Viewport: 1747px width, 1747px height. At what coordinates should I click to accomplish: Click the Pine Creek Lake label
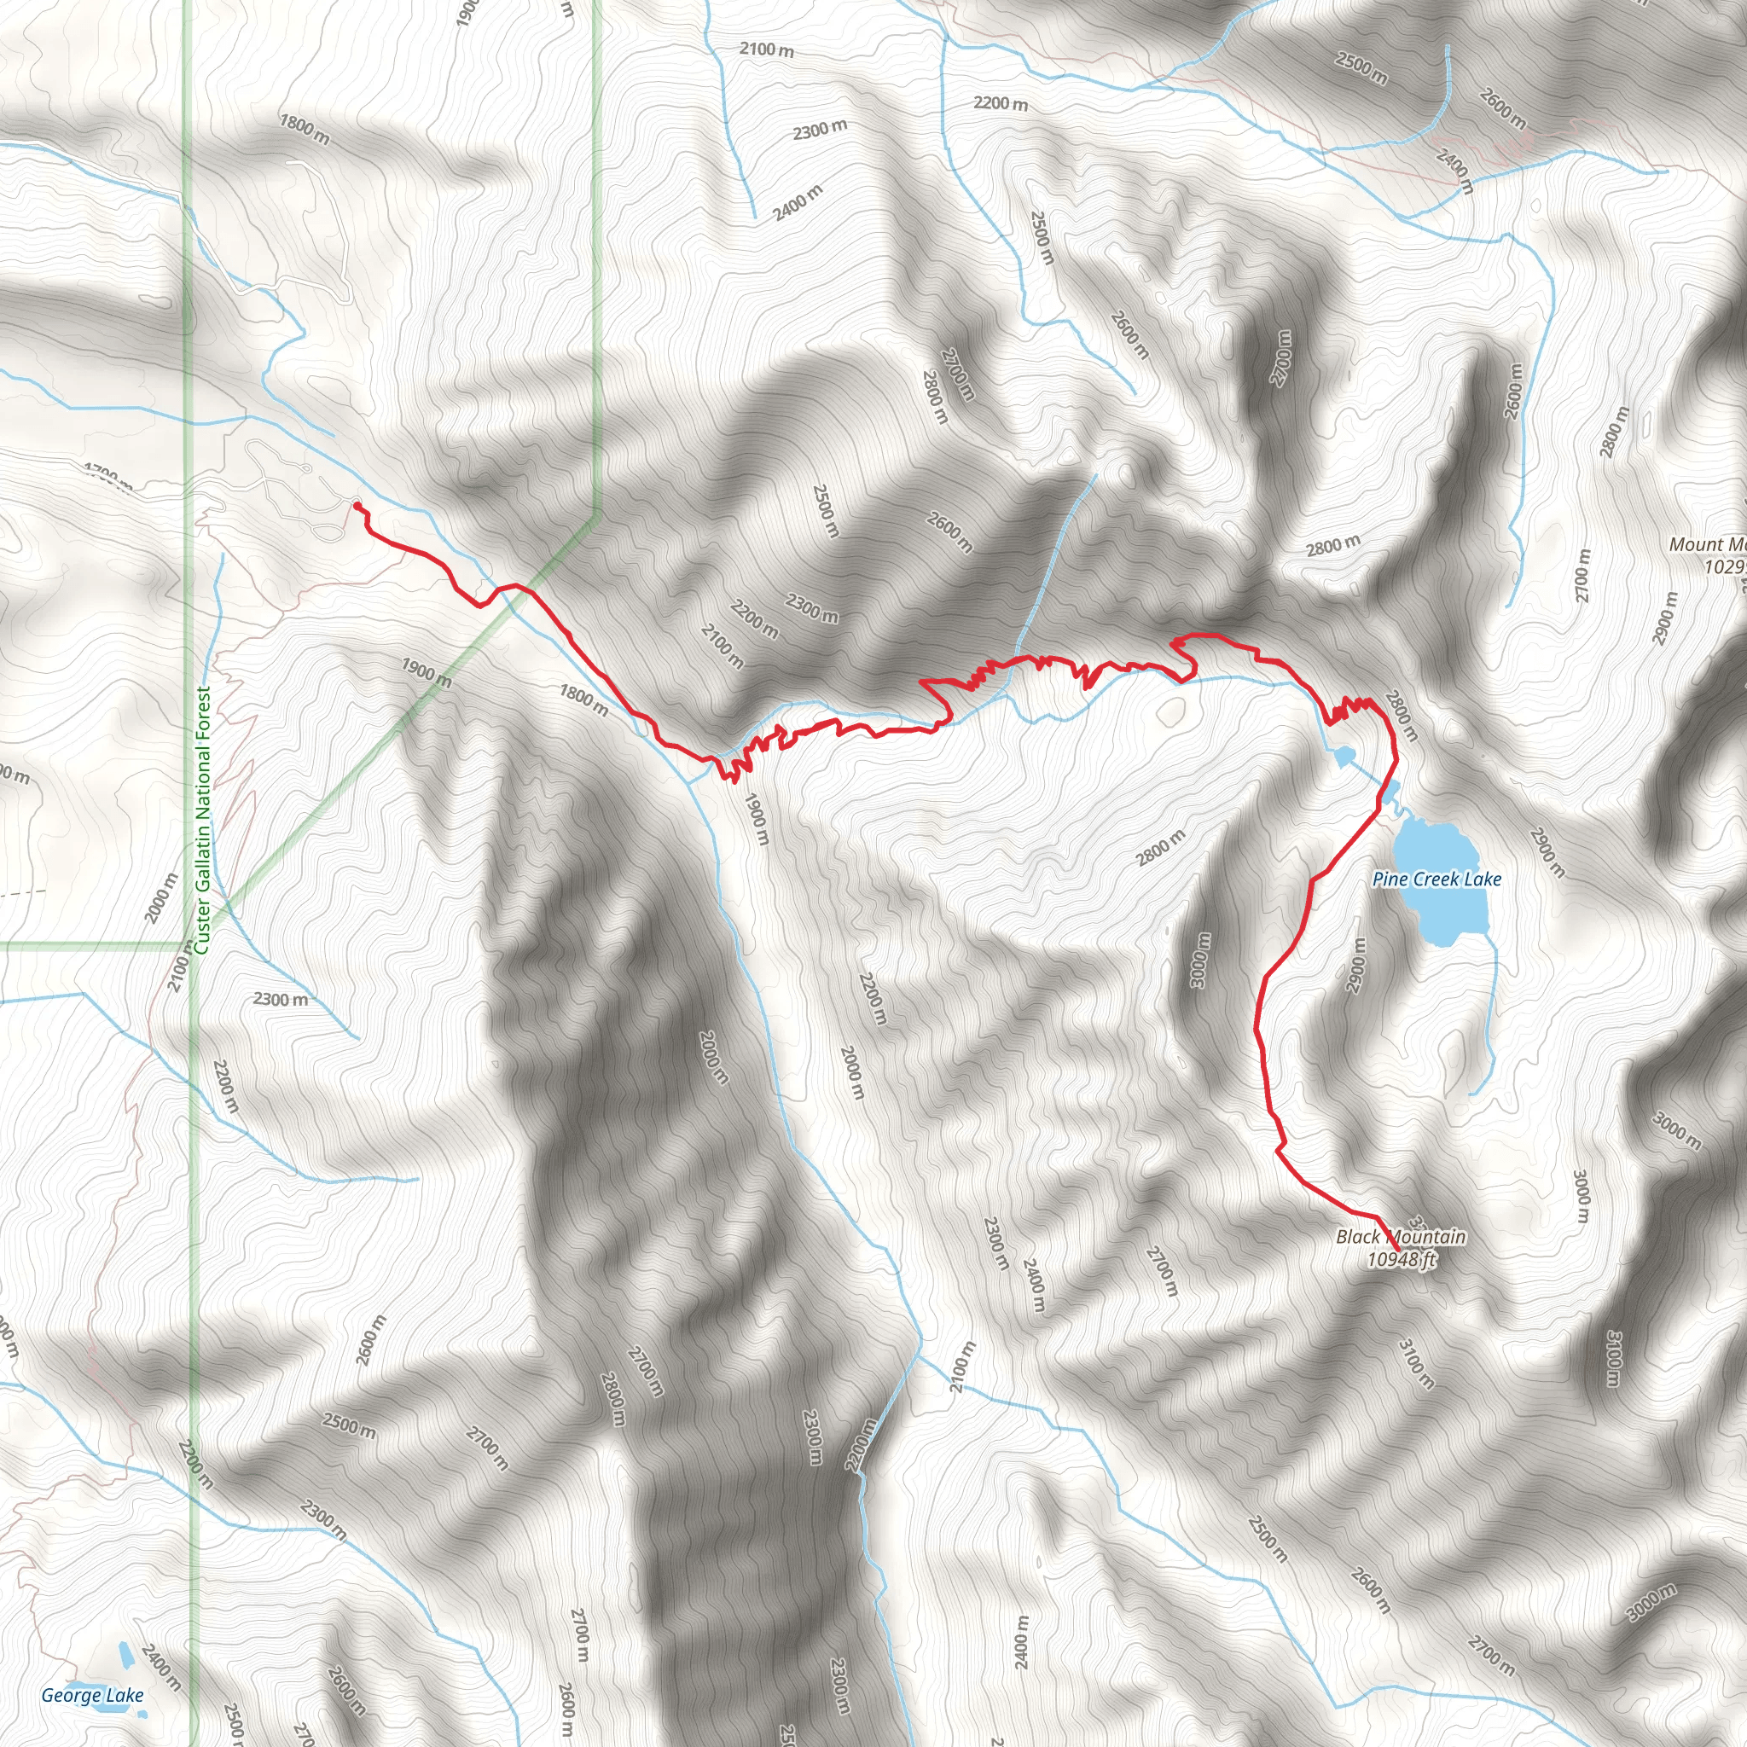pyautogui.click(x=1436, y=879)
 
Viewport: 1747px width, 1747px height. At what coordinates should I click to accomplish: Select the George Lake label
pyautogui.click(x=92, y=1695)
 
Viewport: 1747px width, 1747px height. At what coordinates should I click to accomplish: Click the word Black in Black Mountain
pyautogui.click(x=1358, y=1236)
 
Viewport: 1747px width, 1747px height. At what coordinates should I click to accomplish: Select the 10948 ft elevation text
pyautogui.click(x=1401, y=1260)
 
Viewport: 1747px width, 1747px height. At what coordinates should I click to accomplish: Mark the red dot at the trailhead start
pyautogui.click(x=357, y=506)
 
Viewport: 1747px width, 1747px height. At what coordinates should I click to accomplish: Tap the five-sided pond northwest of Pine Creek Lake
pyautogui.click(x=1344, y=755)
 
